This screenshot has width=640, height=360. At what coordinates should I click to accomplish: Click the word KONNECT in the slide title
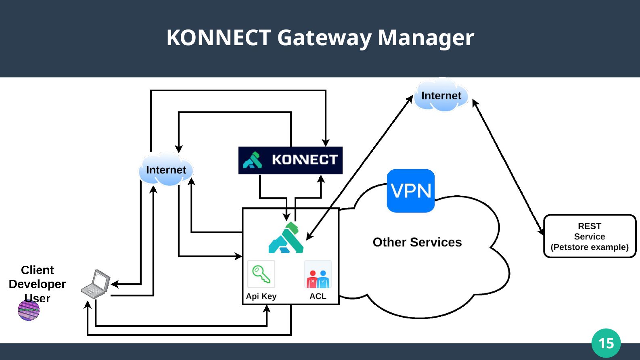(x=218, y=38)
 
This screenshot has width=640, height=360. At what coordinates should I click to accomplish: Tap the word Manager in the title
(x=426, y=38)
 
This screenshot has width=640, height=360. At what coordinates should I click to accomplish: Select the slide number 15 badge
(x=606, y=343)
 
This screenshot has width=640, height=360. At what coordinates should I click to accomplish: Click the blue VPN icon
(x=411, y=190)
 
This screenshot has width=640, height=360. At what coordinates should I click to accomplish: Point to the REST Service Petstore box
(x=590, y=236)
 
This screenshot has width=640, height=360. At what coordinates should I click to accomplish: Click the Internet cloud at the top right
(x=441, y=96)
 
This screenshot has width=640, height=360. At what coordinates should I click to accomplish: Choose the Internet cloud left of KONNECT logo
(x=166, y=170)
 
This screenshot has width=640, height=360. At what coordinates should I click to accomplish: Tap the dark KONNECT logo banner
(x=290, y=160)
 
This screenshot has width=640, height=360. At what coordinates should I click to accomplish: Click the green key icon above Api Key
(x=261, y=274)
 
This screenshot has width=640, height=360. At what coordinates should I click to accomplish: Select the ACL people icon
(x=318, y=275)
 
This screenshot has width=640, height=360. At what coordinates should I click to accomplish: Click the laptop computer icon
(x=96, y=284)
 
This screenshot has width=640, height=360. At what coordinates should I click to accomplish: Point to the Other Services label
(x=417, y=242)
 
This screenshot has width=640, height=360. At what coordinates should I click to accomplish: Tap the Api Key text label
(x=261, y=296)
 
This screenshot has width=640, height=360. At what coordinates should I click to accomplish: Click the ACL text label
(x=318, y=296)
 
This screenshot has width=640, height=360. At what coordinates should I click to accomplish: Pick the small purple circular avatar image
(x=29, y=310)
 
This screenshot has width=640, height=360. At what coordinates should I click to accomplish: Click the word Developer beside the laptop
(x=37, y=284)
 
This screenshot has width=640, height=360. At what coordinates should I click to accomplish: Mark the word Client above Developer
(x=37, y=270)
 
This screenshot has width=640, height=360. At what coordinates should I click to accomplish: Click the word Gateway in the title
(x=324, y=38)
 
